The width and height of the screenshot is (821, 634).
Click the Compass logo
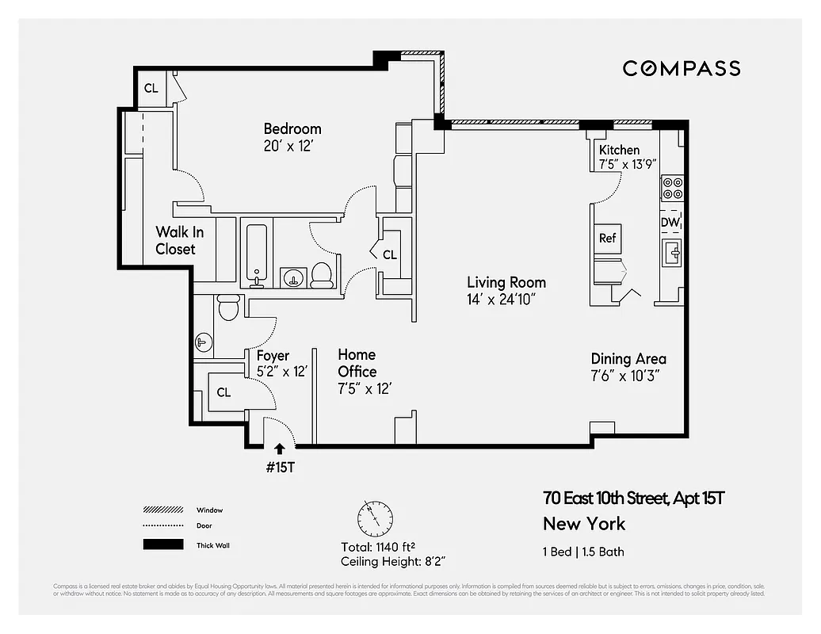(681, 68)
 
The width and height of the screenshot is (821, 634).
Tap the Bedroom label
(292, 128)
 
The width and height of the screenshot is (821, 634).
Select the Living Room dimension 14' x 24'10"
(502, 300)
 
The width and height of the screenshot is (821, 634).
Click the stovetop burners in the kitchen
(673, 187)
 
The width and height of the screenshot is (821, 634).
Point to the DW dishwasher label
(670, 223)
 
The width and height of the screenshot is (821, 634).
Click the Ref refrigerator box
(607, 238)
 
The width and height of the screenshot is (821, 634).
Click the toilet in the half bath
(228, 307)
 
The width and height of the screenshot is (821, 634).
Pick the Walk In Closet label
(175, 240)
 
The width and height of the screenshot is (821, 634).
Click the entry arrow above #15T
(279, 449)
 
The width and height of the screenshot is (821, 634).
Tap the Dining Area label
(628, 359)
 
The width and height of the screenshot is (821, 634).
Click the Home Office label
(357, 363)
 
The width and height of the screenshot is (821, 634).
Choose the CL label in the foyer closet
(223, 392)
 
